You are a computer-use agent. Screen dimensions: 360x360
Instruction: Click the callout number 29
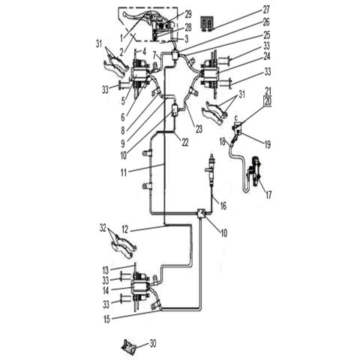tap(188, 14)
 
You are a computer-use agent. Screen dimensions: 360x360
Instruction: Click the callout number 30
tap(154, 344)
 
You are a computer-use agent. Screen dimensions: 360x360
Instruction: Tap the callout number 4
tap(144, 50)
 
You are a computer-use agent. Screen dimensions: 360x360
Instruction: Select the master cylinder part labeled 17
tap(256, 174)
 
